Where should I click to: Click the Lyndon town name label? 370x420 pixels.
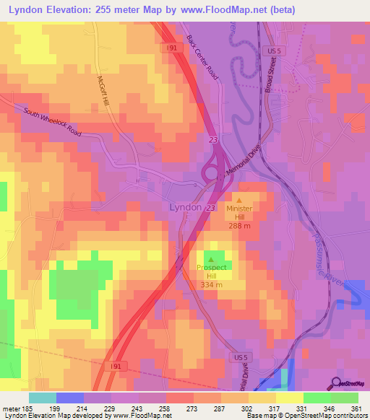point(186,207)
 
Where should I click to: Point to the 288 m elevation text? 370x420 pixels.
point(239,225)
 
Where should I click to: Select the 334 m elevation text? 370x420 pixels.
point(211,284)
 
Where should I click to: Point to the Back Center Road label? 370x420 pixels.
point(202,58)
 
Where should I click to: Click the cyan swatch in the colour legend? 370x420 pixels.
point(43,398)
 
